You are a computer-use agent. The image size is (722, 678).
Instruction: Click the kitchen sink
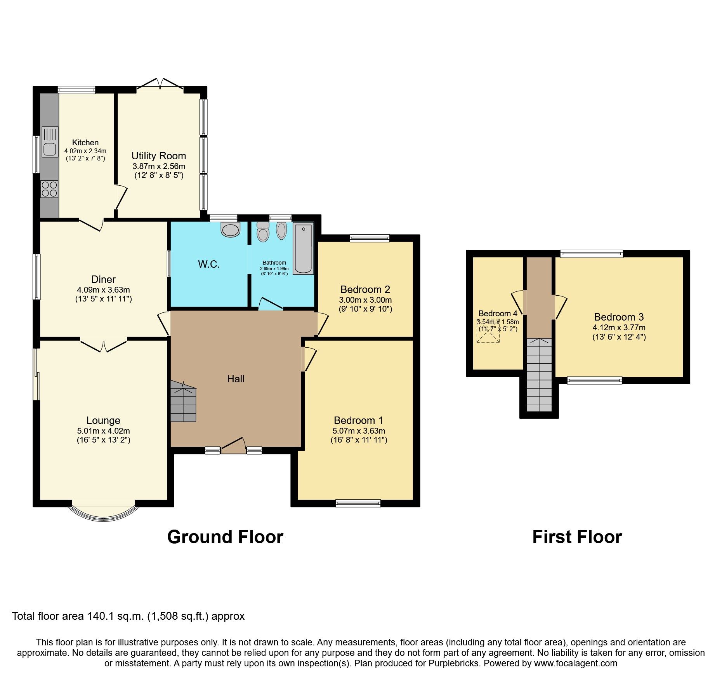[50, 142]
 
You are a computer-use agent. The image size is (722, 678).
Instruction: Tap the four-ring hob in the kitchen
[49, 189]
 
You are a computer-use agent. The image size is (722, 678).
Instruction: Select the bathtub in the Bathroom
[303, 249]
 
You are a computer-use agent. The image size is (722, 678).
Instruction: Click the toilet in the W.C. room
[231, 229]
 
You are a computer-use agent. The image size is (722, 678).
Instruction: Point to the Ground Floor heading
[225, 537]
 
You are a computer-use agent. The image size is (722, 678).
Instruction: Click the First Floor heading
[577, 537]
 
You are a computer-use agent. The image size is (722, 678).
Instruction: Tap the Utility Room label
[159, 156]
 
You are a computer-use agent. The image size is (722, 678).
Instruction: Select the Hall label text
[236, 379]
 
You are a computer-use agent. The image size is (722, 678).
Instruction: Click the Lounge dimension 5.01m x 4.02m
[103, 431]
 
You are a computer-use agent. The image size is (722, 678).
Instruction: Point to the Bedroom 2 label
[365, 289]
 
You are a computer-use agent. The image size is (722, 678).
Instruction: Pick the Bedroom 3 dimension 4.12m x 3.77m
[619, 328]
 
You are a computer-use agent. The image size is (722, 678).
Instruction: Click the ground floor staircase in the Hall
[183, 401]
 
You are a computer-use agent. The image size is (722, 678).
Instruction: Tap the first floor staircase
[539, 375]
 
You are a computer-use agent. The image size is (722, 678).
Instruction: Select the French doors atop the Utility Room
[160, 85]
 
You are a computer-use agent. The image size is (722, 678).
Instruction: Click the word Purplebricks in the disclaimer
[454, 663]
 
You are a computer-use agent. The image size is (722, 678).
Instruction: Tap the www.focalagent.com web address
[576, 663]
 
